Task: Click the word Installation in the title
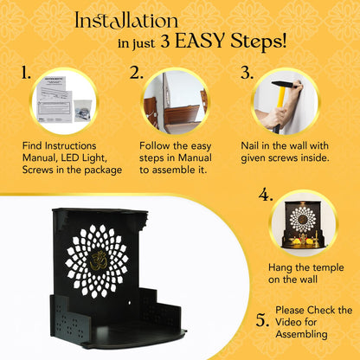point(126,21)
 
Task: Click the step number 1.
point(26,73)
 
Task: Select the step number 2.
point(136,73)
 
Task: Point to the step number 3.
point(247,73)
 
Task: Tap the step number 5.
point(262,320)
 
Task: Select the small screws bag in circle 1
point(82,111)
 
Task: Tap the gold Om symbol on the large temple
point(99,260)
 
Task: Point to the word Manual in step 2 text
point(195,157)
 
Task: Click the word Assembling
point(301,334)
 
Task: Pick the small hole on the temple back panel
point(129,303)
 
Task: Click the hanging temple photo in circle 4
point(303,224)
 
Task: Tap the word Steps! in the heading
point(258,42)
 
